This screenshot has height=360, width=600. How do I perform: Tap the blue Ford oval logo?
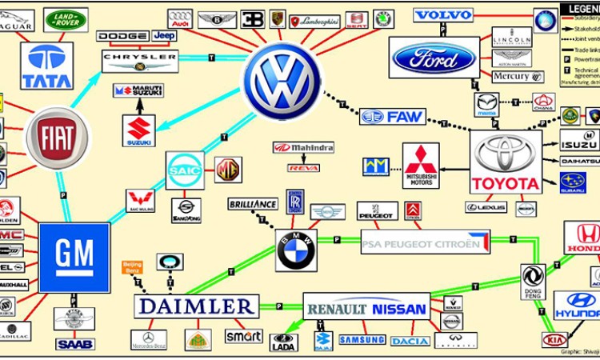[434, 58]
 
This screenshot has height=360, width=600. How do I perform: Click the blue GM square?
[74, 258]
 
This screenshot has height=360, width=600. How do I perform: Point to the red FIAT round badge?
[58, 138]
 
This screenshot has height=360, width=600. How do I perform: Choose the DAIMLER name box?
[196, 306]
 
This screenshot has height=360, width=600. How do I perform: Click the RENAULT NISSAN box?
[366, 308]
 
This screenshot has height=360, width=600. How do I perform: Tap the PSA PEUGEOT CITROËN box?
[425, 242]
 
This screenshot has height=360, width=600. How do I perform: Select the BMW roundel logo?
[296, 251]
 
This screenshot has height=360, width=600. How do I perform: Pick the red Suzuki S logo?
[139, 130]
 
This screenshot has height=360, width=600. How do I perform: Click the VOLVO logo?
[444, 15]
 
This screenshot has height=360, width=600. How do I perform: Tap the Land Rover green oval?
[66, 19]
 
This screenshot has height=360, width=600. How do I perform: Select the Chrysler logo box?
[140, 61]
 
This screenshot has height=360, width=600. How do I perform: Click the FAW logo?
[392, 117]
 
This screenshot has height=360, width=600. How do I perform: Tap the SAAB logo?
[74, 344]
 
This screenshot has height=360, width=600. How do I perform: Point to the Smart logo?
[243, 336]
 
